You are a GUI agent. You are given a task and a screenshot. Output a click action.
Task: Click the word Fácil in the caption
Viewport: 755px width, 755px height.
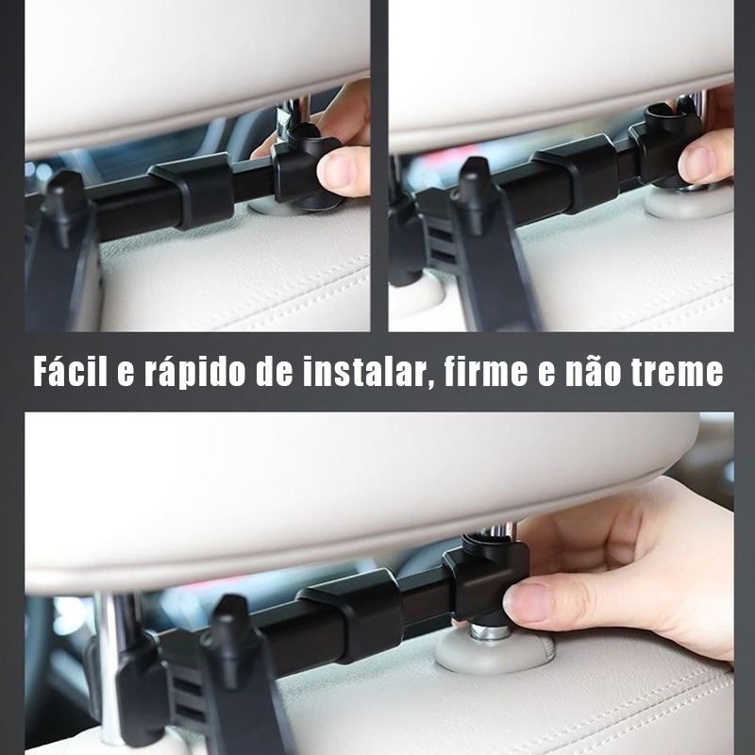tap(70, 371)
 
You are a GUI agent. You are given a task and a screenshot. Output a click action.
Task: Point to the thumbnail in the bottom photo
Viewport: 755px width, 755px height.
tap(529, 602)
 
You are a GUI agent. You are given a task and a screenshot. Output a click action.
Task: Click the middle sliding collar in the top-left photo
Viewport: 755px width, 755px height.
tap(193, 192)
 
